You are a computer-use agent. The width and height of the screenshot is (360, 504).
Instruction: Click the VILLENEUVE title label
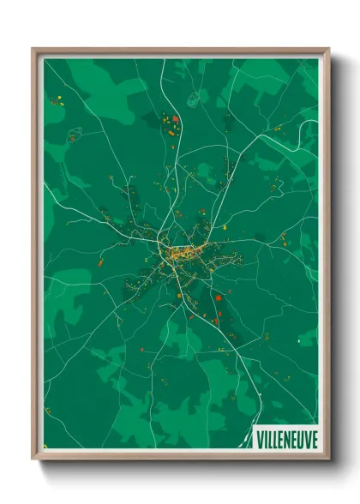point(286,439)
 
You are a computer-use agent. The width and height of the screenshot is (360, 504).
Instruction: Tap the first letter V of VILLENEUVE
point(260,439)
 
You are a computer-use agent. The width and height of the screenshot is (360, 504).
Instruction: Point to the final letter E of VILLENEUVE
point(313,439)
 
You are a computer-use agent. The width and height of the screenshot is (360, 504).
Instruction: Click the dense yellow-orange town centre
point(182,252)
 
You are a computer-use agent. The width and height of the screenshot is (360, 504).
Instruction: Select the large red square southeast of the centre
point(218,298)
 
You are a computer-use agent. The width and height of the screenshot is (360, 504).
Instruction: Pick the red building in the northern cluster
point(175,119)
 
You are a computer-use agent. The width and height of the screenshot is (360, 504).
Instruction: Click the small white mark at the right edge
point(298,341)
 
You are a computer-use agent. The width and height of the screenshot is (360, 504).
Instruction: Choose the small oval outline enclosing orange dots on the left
point(75,134)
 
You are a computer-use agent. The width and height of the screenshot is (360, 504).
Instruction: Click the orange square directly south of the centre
point(179,296)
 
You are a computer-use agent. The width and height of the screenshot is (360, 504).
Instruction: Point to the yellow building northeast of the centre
point(224,227)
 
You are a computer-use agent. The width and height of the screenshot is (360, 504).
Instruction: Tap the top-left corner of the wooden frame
point(33,49)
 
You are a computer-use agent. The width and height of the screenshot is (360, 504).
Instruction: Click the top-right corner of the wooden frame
point(328,49)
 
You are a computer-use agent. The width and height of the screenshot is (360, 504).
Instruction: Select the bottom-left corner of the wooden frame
point(33,459)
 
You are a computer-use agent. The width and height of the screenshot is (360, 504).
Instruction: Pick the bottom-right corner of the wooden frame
point(328,459)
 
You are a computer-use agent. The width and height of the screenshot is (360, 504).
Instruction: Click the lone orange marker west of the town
point(100,263)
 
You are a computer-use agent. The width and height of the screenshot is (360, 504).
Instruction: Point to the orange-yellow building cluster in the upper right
point(278,129)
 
